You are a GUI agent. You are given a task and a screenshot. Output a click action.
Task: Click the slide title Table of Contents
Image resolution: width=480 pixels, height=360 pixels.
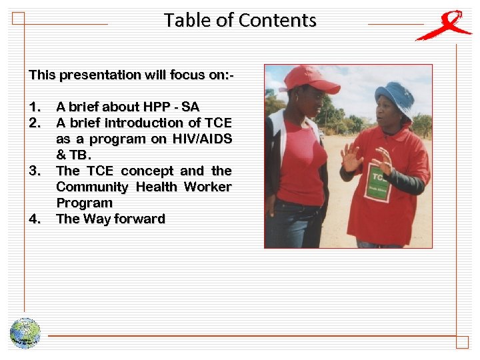tap(240, 20)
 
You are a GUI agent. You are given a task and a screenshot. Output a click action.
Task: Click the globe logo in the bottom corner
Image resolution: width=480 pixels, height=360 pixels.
tap(25, 333)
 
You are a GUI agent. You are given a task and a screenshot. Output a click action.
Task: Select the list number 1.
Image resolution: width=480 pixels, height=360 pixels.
tap(35, 107)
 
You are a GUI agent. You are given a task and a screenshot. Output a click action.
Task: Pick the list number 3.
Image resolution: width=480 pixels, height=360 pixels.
tap(36, 171)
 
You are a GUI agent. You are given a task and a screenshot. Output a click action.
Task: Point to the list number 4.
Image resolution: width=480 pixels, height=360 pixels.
tap(36, 219)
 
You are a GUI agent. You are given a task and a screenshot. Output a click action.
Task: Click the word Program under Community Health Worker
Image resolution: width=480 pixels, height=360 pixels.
tap(84, 203)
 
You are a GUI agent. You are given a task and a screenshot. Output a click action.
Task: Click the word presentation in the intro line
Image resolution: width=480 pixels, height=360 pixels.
tap(98, 75)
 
